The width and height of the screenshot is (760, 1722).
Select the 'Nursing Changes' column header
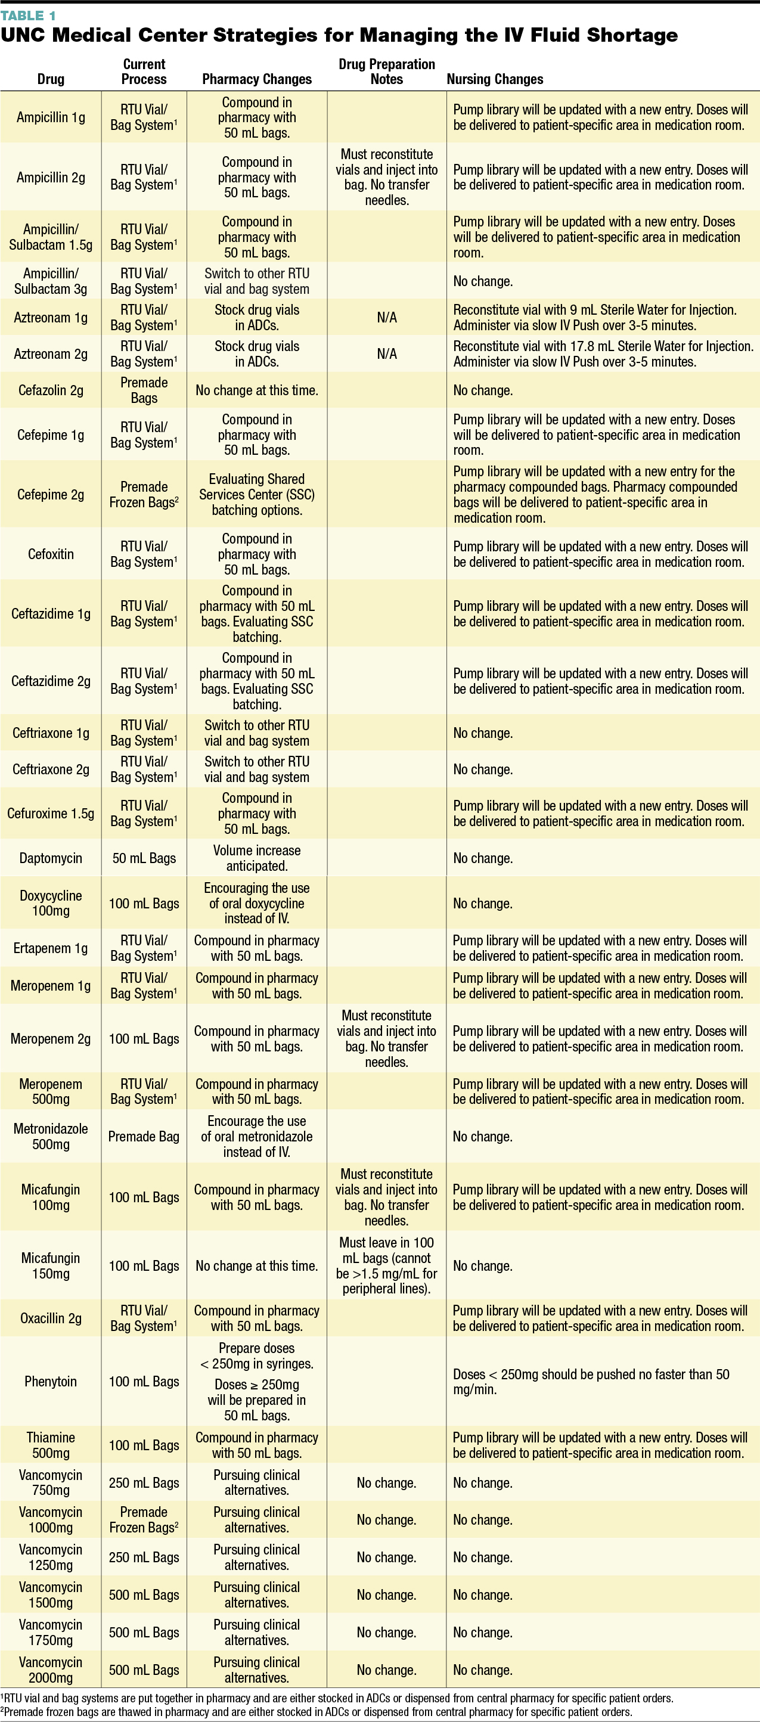click(495, 79)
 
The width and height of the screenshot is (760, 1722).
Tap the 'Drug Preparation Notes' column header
click(386, 72)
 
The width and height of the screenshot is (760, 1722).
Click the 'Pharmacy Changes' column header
click(257, 79)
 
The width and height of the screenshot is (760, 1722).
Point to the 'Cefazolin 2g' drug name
click(51, 390)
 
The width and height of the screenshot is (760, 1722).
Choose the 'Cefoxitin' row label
click(51, 554)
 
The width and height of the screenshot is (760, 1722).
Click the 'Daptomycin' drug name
click(51, 858)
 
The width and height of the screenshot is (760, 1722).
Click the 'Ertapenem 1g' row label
click(51, 948)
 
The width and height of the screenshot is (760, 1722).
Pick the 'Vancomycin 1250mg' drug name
click(51, 1557)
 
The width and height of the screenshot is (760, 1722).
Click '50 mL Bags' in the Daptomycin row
click(144, 858)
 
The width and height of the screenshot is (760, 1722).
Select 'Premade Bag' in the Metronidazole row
click(144, 1137)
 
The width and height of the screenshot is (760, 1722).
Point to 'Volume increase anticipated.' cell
click(257, 858)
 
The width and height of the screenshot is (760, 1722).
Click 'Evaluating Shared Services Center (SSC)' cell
click(257, 495)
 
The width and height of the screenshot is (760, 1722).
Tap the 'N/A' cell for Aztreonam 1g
click(386, 318)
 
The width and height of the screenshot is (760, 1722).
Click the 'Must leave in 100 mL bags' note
click(386, 1265)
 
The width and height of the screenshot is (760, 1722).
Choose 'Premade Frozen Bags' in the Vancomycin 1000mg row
click(144, 1519)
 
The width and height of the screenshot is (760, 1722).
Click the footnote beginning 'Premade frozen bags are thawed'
click(317, 1712)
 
